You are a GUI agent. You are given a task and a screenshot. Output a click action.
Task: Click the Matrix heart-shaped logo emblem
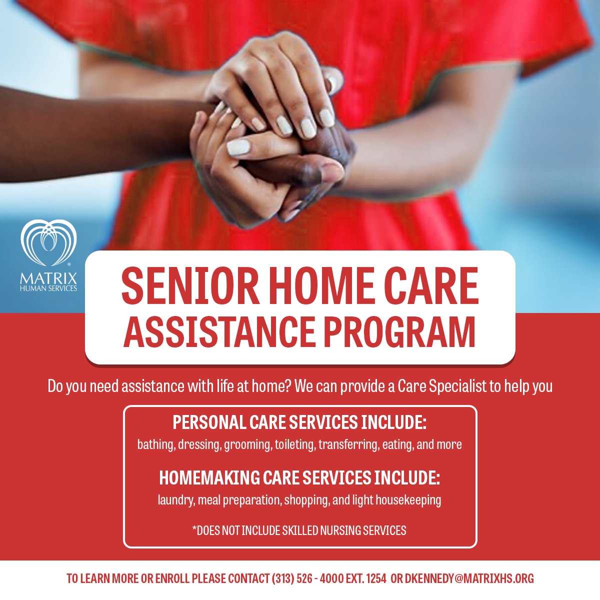(48, 242)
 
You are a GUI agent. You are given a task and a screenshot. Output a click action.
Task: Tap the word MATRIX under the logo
(48, 278)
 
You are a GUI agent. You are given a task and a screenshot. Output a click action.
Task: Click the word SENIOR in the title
(190, 286)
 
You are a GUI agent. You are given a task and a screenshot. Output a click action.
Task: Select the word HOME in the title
(322, 286)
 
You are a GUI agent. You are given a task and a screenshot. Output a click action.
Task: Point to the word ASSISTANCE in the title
(220, 331)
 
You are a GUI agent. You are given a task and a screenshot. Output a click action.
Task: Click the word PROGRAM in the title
(399, 331)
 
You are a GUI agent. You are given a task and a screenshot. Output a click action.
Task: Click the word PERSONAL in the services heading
(209, 422)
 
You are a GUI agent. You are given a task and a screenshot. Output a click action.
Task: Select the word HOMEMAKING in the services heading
(209, 477)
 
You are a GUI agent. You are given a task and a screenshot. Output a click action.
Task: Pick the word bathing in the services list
(156, 444)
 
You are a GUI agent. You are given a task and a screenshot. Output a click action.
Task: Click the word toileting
(295, 444)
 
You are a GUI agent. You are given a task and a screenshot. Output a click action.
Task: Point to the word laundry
(176, 500)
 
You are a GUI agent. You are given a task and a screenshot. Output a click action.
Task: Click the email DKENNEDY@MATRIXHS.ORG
(469, 578)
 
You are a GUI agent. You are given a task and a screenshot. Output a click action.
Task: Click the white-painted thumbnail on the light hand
(238, 147)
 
